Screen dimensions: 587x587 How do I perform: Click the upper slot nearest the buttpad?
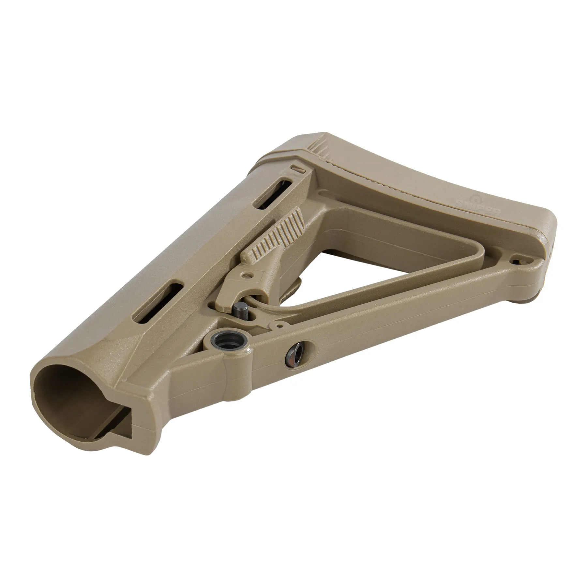tap(271, 197)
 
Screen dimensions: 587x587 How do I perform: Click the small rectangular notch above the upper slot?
tap(298, 169)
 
